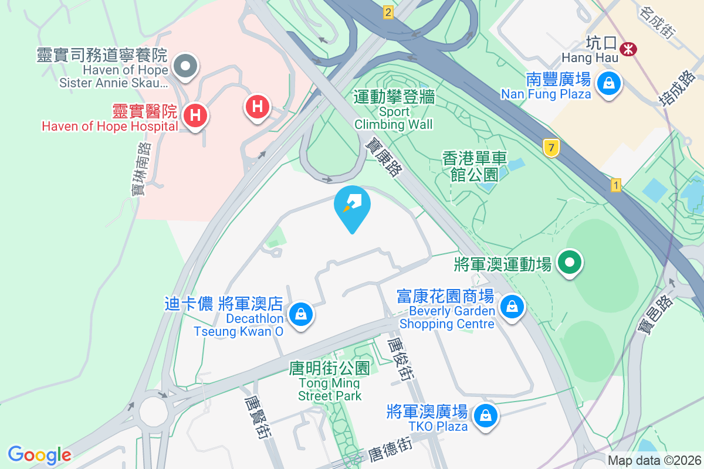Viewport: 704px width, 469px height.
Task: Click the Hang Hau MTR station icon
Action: pos(628,49)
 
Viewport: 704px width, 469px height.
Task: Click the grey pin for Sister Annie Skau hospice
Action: pos(186,66)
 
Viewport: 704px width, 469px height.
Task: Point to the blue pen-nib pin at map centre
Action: pos(352,205)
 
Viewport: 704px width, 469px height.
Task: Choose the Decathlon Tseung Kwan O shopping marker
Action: pos(301,314)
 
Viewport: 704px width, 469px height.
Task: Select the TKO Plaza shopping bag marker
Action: pos(485,416)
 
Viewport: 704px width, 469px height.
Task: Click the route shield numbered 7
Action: pos(550,148)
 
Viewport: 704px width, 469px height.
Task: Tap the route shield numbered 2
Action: pos(388,12)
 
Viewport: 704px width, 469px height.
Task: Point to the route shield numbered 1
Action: pos(615,185)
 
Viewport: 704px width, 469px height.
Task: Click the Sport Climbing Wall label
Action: pos(394,110)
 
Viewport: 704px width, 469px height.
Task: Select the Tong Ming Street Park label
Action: pos(330,382)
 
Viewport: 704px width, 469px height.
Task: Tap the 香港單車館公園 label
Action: pos(475,166)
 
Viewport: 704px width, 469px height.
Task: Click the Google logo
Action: pos(39,455)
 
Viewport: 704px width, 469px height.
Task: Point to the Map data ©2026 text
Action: pos(654,461)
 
